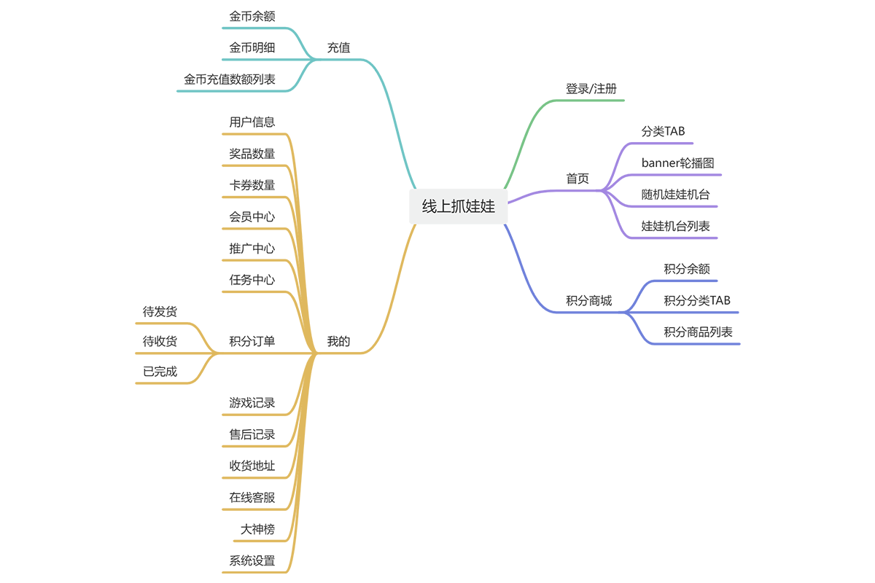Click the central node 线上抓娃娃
(x=458, y=206)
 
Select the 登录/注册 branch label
(x=591, y=89)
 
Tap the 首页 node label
(x=577, y=179)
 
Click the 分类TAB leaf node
(x=663, y=131)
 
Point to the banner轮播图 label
(x=677, y=163)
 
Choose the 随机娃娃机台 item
(x=675, y=195)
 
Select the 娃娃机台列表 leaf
(x=675, y=226)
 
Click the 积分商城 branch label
(x=588, y=300)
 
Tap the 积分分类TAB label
(x=697, y=300)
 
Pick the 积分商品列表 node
(x=698, y=332)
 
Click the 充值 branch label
(x=338, y=48)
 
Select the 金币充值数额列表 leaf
(x=230, y=79)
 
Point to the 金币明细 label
(x=252, y=48)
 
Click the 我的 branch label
(x=338, y=341)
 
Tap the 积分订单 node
(x=252, y=341)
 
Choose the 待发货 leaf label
(x=160, y=312)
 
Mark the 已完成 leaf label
(x=160, y=371)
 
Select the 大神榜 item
(x=258, y=529)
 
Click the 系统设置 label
(x=252, y=560)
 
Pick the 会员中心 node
(x=252, y=216)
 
